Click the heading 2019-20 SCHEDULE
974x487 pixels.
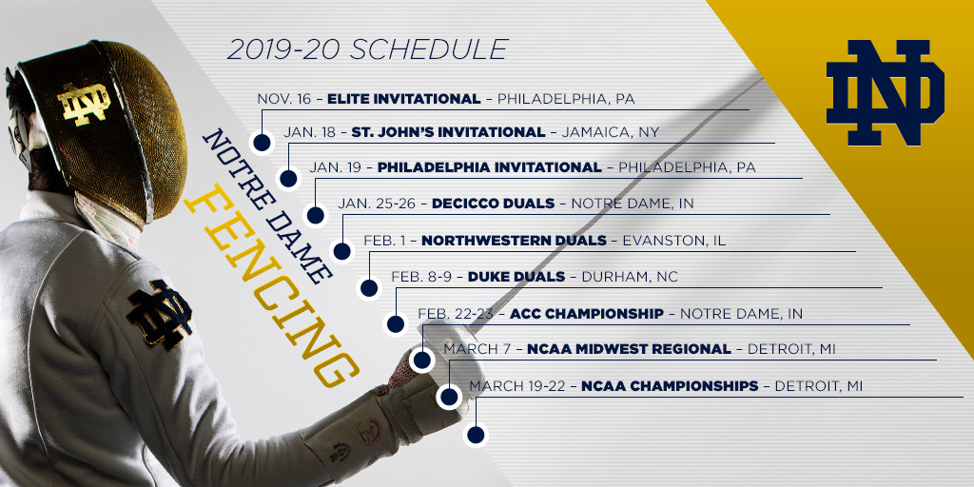(368, 49)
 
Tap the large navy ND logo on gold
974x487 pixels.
(886, 92)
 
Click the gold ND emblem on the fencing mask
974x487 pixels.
(84, 103)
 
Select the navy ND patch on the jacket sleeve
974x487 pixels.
(159, 314)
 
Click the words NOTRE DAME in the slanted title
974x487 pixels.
(266, 206)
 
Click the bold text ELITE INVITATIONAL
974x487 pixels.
(403, 99)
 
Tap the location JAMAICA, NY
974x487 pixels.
(610, 132)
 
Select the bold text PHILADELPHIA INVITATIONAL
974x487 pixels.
(490, 167)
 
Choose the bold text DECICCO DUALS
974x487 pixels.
(493, 204)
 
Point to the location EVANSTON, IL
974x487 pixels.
(674, 241)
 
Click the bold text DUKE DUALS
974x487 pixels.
(516, 277)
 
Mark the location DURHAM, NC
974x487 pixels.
(630, 277)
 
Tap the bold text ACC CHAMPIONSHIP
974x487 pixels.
(586, 314)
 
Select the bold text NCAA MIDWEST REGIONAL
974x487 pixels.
(629, 350)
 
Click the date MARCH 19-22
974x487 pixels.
(516, 386)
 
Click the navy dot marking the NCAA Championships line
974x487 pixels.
(476, 435)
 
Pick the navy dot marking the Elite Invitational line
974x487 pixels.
(263, 143)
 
